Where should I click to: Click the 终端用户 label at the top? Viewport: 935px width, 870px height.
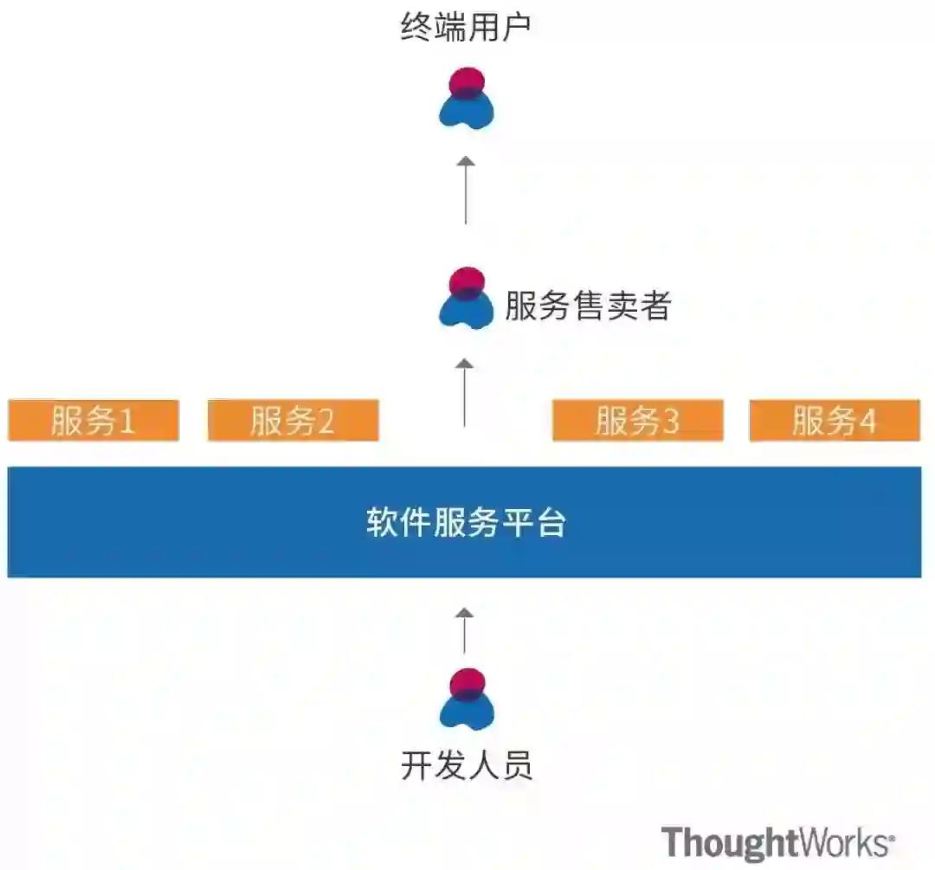click(466, 29)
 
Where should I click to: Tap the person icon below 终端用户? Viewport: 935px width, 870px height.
click(467, 97)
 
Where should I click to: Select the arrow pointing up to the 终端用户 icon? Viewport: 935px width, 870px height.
click(466, 190)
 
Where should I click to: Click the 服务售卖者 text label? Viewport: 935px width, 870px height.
click(588, 306)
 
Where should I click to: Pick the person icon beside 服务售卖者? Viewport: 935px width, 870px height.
click(467, 297)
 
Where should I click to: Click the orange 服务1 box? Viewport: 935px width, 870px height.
click(93, 421)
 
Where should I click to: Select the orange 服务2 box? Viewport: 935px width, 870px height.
click(293, 421)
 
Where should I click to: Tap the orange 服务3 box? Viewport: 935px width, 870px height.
click(637, 421)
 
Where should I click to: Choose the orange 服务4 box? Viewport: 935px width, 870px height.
click(835, 421)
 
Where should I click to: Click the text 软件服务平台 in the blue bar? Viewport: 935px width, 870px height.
click(466, 523)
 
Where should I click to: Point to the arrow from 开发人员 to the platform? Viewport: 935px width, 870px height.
click(465, 630)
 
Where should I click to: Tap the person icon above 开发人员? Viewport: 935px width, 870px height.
click(467, 698)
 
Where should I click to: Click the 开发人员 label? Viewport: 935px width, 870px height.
click(466, 766)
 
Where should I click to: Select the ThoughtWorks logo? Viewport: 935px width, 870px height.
click(777, 841)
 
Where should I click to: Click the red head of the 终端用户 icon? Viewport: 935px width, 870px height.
click(467, 81)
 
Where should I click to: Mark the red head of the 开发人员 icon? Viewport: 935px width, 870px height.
click(467, 681)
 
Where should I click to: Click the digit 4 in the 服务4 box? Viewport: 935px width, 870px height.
click(867, 422)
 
